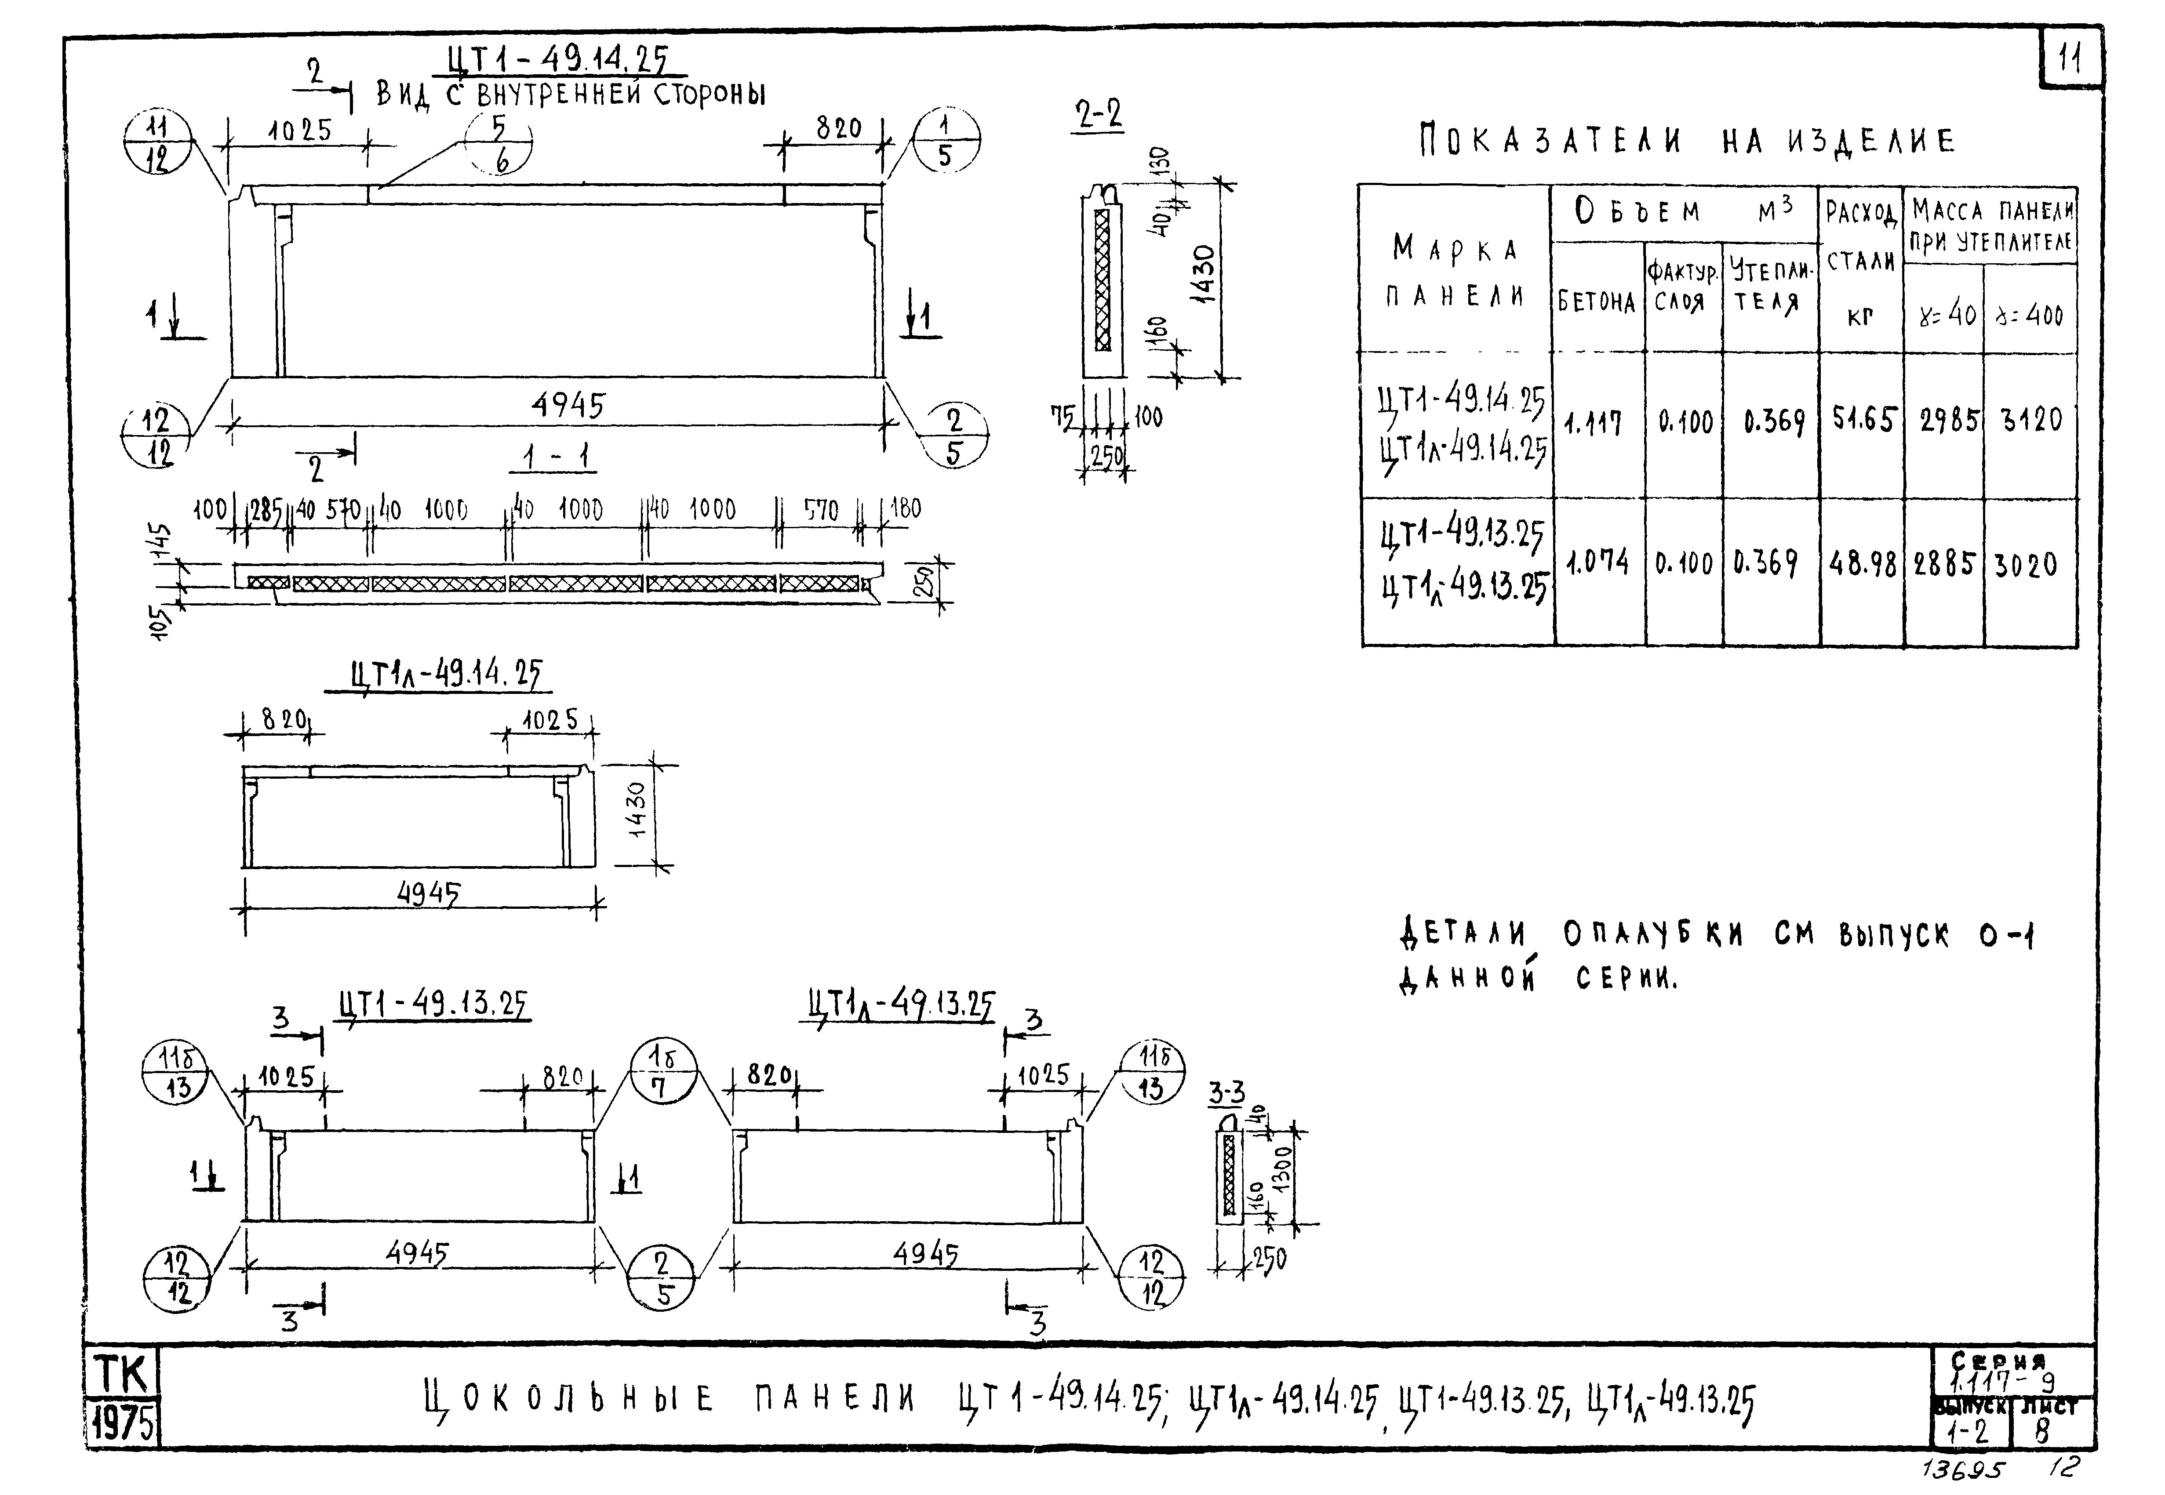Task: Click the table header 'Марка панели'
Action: [x=1455, y=272]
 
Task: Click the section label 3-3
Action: [x=1226, y=1092]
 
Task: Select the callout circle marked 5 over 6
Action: [x=499, y=144]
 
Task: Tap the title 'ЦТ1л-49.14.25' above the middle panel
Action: [x=445, y=675]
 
